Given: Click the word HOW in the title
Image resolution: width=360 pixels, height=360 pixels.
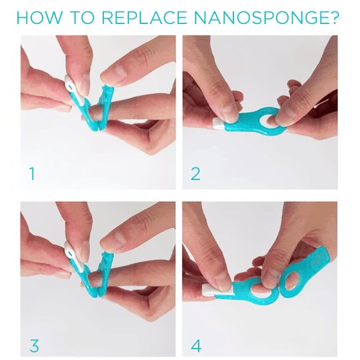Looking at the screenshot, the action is coord(39,17).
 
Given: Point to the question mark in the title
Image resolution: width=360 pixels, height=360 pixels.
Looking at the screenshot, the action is coord(332,17).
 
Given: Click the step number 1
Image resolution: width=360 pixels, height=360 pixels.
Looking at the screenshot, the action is coord(33,173).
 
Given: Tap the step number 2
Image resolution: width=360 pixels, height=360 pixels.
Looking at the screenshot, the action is coord(195,173).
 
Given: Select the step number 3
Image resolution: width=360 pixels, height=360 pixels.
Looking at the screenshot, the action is coord(34,346).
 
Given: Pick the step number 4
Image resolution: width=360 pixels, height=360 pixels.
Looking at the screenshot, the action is coord(196,346).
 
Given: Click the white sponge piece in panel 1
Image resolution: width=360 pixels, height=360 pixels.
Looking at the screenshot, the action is coord(71,86).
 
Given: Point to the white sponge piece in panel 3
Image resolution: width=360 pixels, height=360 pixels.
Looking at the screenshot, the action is coord(73,255).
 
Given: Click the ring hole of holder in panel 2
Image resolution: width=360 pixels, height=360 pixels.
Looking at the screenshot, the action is coord(268,120).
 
